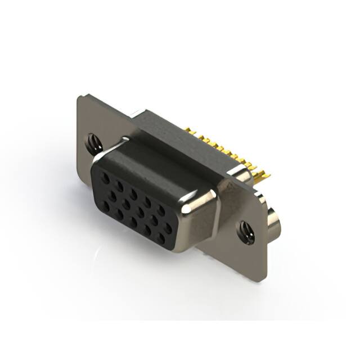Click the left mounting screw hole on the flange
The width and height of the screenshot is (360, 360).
click(x=92, y=142)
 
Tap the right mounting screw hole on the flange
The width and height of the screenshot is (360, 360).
click(x=246, y=232)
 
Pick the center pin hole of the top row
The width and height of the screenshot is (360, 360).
click(x=133, y=193)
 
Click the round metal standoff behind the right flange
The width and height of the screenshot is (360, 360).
click(x=274, y=223)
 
